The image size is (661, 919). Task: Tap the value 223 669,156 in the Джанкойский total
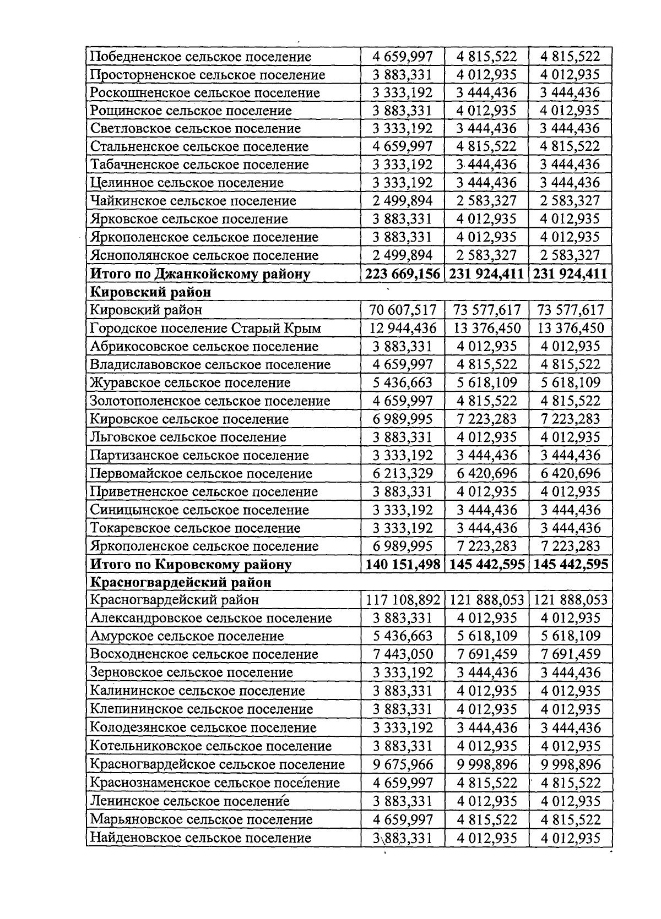tap(403, 273)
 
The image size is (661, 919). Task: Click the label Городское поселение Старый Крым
tap(205, 329)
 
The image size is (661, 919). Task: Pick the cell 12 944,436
tap(403, 329)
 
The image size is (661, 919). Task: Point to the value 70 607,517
tap(403, 310)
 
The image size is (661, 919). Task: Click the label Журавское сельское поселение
tap(190, 382)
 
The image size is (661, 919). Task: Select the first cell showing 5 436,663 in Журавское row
tap(403, 382)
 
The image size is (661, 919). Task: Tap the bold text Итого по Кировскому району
tap(191, 564)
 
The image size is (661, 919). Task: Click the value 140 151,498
tap(403, 564)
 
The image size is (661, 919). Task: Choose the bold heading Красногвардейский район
tap(181, 582)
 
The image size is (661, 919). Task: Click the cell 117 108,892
tap(403, 600)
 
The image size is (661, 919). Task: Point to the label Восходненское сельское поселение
tap(204, 654)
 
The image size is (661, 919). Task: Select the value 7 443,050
tap(403, 654)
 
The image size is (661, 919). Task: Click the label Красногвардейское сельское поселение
tap(217, 764)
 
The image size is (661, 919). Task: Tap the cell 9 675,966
tap(403, 764)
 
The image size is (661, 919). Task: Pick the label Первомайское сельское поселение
tap(201, 473)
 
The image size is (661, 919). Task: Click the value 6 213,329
tap(403, 473)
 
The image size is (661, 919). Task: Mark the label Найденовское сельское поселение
tap(201, 838)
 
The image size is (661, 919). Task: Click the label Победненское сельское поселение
tap(201, 57)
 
